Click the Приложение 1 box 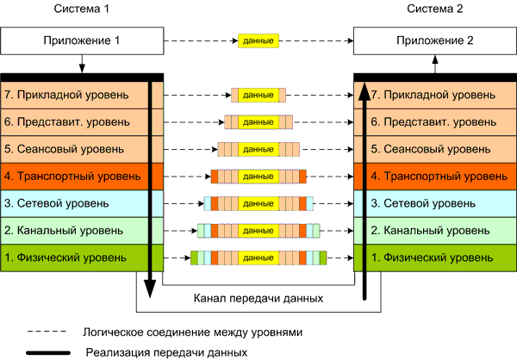[x=83, y=40]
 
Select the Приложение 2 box [x=433, y=40]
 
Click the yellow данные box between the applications [x=258, y=40]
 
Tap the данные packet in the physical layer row [x=258, y=258]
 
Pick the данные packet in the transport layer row [x=258, y=177]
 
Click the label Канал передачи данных [x=258, y=298]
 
